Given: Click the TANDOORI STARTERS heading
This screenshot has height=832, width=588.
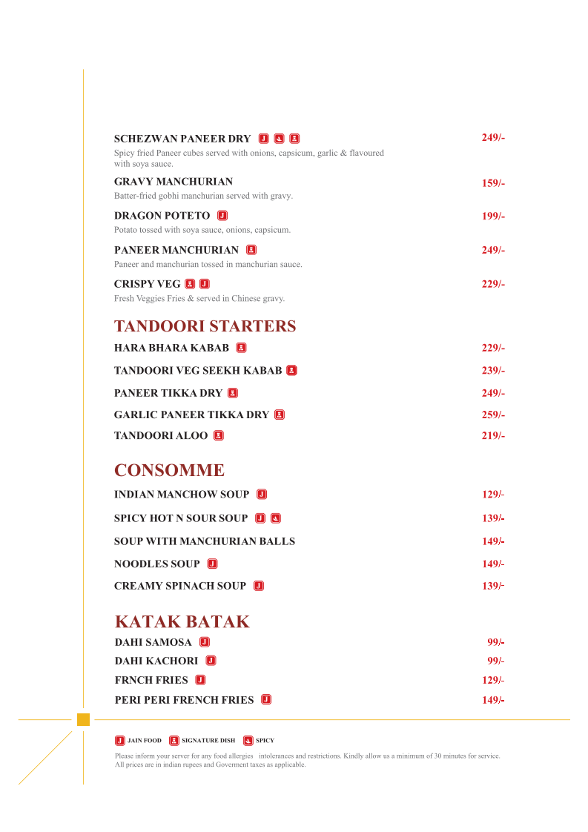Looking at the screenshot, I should [205, 326].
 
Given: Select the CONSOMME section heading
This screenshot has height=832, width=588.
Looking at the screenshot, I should [169, 470].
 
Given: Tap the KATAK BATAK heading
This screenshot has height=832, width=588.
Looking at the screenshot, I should [182, 621].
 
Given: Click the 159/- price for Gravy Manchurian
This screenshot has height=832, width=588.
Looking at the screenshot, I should [493, 183].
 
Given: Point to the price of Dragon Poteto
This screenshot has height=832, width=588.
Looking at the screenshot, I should [493, 217].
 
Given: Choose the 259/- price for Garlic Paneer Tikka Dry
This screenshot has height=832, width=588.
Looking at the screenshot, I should [493, 415].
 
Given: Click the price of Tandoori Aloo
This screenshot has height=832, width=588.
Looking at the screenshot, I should [493, 436].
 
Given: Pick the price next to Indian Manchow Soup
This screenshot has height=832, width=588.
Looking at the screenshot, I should [493, 495].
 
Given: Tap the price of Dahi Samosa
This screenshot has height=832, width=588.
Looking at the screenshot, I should [495, 642].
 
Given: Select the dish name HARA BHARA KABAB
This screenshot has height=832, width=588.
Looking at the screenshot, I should [171, 348].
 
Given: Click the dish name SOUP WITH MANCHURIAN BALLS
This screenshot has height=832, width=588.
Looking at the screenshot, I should [205, 541].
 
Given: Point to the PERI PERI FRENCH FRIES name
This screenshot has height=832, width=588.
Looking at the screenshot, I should [184, 700].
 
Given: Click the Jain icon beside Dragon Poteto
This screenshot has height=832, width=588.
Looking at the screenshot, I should [222, 216].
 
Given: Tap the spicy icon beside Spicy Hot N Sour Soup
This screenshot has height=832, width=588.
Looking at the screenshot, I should [276, 518].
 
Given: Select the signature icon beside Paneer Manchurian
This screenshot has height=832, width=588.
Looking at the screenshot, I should [251, 250].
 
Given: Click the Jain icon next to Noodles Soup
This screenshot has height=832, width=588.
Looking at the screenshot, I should [213, 564].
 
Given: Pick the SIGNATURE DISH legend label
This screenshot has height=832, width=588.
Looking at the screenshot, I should [208, 741].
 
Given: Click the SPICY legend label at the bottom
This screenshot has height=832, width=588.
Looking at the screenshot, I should [265, 741].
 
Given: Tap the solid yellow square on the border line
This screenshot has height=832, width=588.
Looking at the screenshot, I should [83, 719].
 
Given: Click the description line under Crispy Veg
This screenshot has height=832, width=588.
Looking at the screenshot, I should [199, 299].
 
